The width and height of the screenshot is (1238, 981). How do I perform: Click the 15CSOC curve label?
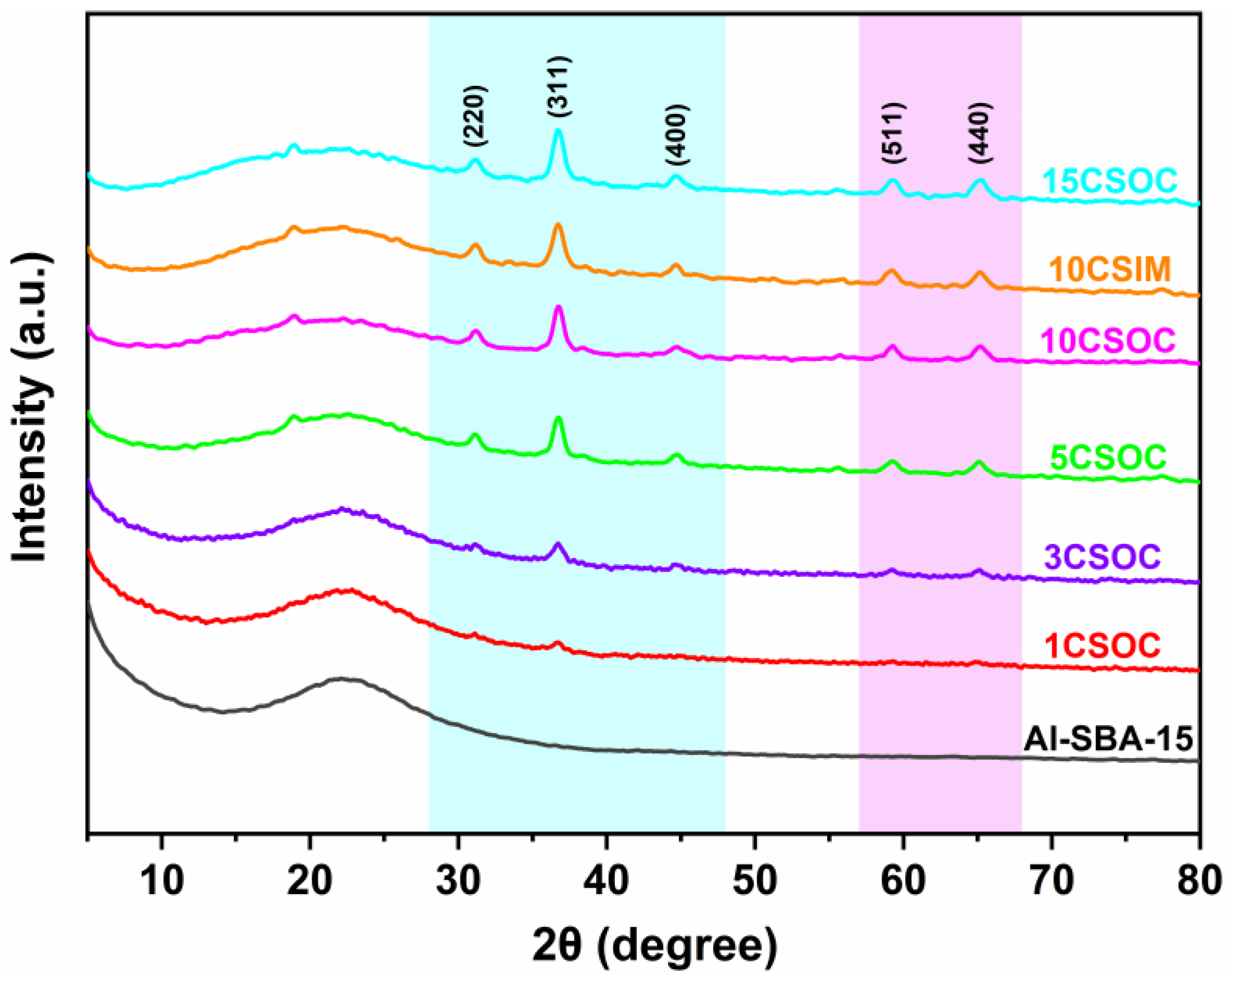(1110, 181)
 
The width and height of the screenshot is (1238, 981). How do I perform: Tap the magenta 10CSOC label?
(1108, 340)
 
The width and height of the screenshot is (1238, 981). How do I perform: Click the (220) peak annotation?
(475, 116)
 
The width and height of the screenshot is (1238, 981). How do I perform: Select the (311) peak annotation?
(559, 87)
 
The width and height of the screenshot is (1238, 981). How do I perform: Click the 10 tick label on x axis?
(162, 881)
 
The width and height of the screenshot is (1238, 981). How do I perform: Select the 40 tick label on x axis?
(607, 881)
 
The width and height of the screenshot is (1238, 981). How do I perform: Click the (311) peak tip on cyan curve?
(558, 132)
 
